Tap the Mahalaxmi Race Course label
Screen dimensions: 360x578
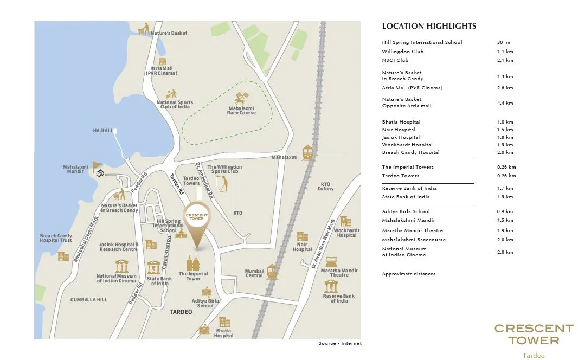[x=241, y=111]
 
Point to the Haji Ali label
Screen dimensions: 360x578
[x=102, y=131]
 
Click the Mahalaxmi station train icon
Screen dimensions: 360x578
[x=307, y=152]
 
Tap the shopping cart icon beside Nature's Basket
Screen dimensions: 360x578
[x=144, y=30]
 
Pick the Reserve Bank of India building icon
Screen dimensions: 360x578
[x=331, y=286]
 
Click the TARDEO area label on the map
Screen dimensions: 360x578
[x=181, y=312]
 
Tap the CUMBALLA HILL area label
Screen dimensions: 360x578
[x=89, y=299]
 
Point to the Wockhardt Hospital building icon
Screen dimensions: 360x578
[x=345, y=221]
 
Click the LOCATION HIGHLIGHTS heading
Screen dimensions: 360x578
[x=429, y=26]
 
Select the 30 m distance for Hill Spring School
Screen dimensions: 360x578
[x=503, y=42]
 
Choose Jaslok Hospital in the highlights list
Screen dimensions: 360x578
[x=401, y=137]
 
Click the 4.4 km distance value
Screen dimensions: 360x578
[x=505, y=103]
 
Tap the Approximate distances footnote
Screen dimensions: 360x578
[x=408, y=274]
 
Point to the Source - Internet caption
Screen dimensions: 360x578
[x=339, y=343]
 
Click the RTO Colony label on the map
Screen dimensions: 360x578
[x=325, y=187]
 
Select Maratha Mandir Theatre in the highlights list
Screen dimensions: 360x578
[x=412, y=230]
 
